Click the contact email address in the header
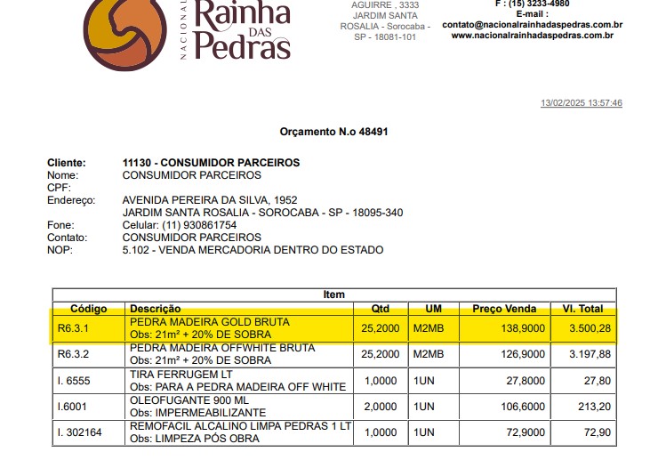point(532,25)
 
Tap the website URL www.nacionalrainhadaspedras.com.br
point(532,36)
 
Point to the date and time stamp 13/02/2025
point(582,103)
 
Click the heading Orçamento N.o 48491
point(333,133)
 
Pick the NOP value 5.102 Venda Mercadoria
point(253,250)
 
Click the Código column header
point(88,309)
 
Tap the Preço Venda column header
point(504,309)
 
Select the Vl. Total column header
point(582,309)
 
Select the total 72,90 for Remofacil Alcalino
point(597,432)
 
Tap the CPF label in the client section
point(58,188)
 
